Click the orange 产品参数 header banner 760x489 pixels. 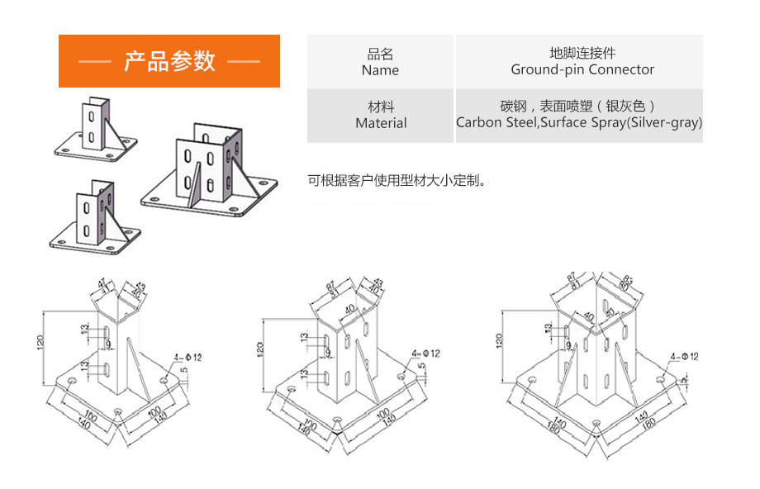tap(169, 61)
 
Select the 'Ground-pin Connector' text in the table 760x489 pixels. tap(582, 70)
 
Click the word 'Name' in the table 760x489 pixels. tap(380, 70)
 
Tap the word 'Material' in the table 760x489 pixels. tap(381, 123)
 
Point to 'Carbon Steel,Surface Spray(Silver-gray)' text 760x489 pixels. tap(579, 123)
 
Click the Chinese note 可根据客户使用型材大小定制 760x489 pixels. tap(397, 179)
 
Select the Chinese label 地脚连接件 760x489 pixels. tap(582, 54)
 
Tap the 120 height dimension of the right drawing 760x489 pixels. tap(498, 339)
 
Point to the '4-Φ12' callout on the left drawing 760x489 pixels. tap(187, 358)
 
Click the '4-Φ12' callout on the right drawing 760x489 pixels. tap(685, 356)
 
